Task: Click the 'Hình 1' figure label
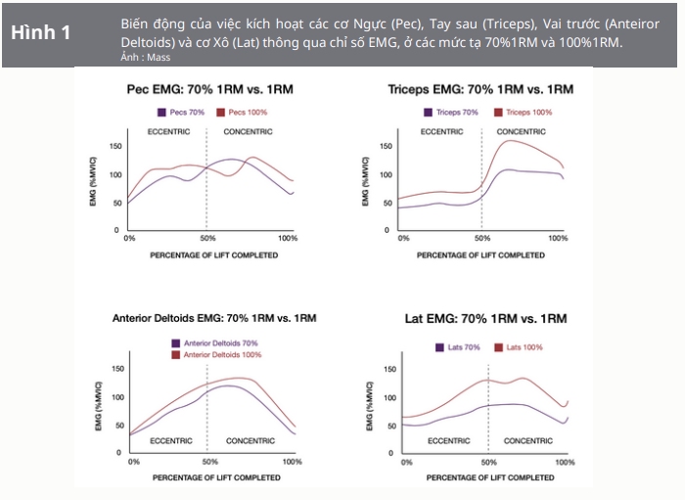(40, 32)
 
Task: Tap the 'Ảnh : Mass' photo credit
(145, 58)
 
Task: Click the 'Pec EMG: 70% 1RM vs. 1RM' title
(210, 89)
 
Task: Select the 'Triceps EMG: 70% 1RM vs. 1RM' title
(479, 89)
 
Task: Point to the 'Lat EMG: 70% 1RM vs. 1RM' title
(485, 319)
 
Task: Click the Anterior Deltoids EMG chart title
(214, 319)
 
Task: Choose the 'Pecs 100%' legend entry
(247, 113)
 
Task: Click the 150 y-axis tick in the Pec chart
(115, 147)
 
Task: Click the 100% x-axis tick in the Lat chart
(565, 461)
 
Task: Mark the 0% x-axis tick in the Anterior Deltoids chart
(134, 461)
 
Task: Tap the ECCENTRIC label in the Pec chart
(169, 130)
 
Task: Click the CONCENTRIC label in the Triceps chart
(522, 130)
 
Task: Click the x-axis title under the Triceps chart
(481, 254)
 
